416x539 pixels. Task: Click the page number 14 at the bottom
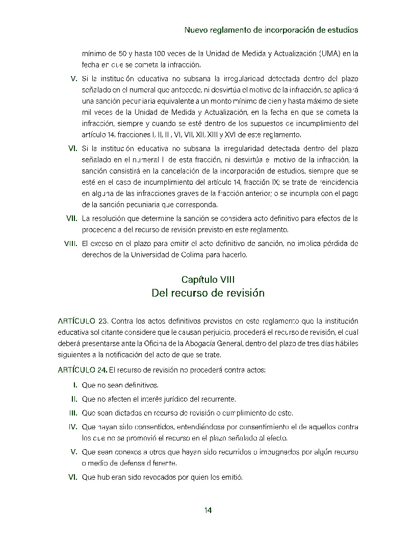click(x=208, y=510)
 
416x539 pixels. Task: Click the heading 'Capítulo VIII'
click(x=208, y=279)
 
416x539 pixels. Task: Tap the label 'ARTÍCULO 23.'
click(x=83, y=321)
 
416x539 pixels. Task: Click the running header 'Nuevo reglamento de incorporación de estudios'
click(x=271, y=30)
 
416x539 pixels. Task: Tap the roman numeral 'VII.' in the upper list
click(x=72, y=219)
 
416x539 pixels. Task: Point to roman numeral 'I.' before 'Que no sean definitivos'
click(x=75, y=385)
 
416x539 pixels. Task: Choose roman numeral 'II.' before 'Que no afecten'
click(x=74, y=399)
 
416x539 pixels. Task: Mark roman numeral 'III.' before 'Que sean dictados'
click(x=73, y=412)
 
